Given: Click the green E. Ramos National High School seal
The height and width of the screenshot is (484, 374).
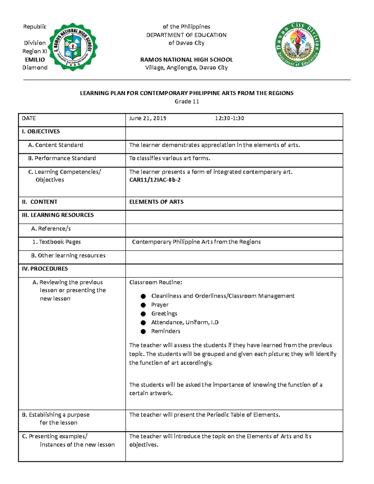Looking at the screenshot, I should [74, 47].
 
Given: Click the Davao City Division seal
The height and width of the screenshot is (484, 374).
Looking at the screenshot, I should [298, 45].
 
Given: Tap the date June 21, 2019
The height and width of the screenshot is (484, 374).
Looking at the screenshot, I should [148, 118].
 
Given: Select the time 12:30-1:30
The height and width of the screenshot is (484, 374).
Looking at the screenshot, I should [229, 118].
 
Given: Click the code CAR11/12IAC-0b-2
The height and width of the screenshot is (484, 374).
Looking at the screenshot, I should [155, 180].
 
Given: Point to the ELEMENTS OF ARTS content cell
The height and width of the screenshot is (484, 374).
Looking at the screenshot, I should [156, 202].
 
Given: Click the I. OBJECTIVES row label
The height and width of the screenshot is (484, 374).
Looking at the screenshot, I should [41, 132].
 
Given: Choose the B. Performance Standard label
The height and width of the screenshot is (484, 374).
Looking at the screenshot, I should [62, 158].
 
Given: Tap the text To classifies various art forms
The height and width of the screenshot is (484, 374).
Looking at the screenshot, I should [170, 158].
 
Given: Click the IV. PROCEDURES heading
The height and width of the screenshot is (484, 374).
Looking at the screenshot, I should [45, 269].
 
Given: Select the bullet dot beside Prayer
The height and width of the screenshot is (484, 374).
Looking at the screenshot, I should [143, 305].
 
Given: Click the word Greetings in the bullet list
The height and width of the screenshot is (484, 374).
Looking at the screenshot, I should [164, 314].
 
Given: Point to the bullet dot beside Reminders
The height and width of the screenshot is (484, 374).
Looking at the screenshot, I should [143, 331].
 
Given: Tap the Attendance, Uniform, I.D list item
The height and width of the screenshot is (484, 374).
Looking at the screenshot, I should [185, 322].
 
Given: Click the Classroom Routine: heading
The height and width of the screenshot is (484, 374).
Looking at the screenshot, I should [156, 282].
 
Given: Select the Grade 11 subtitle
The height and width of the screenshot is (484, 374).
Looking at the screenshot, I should [187, 102].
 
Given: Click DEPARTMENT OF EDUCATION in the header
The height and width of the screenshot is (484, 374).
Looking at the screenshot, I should [186, 35].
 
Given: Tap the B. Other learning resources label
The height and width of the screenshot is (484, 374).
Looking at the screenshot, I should [68, 256].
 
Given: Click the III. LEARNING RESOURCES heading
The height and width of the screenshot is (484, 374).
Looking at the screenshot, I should [58, 215].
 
